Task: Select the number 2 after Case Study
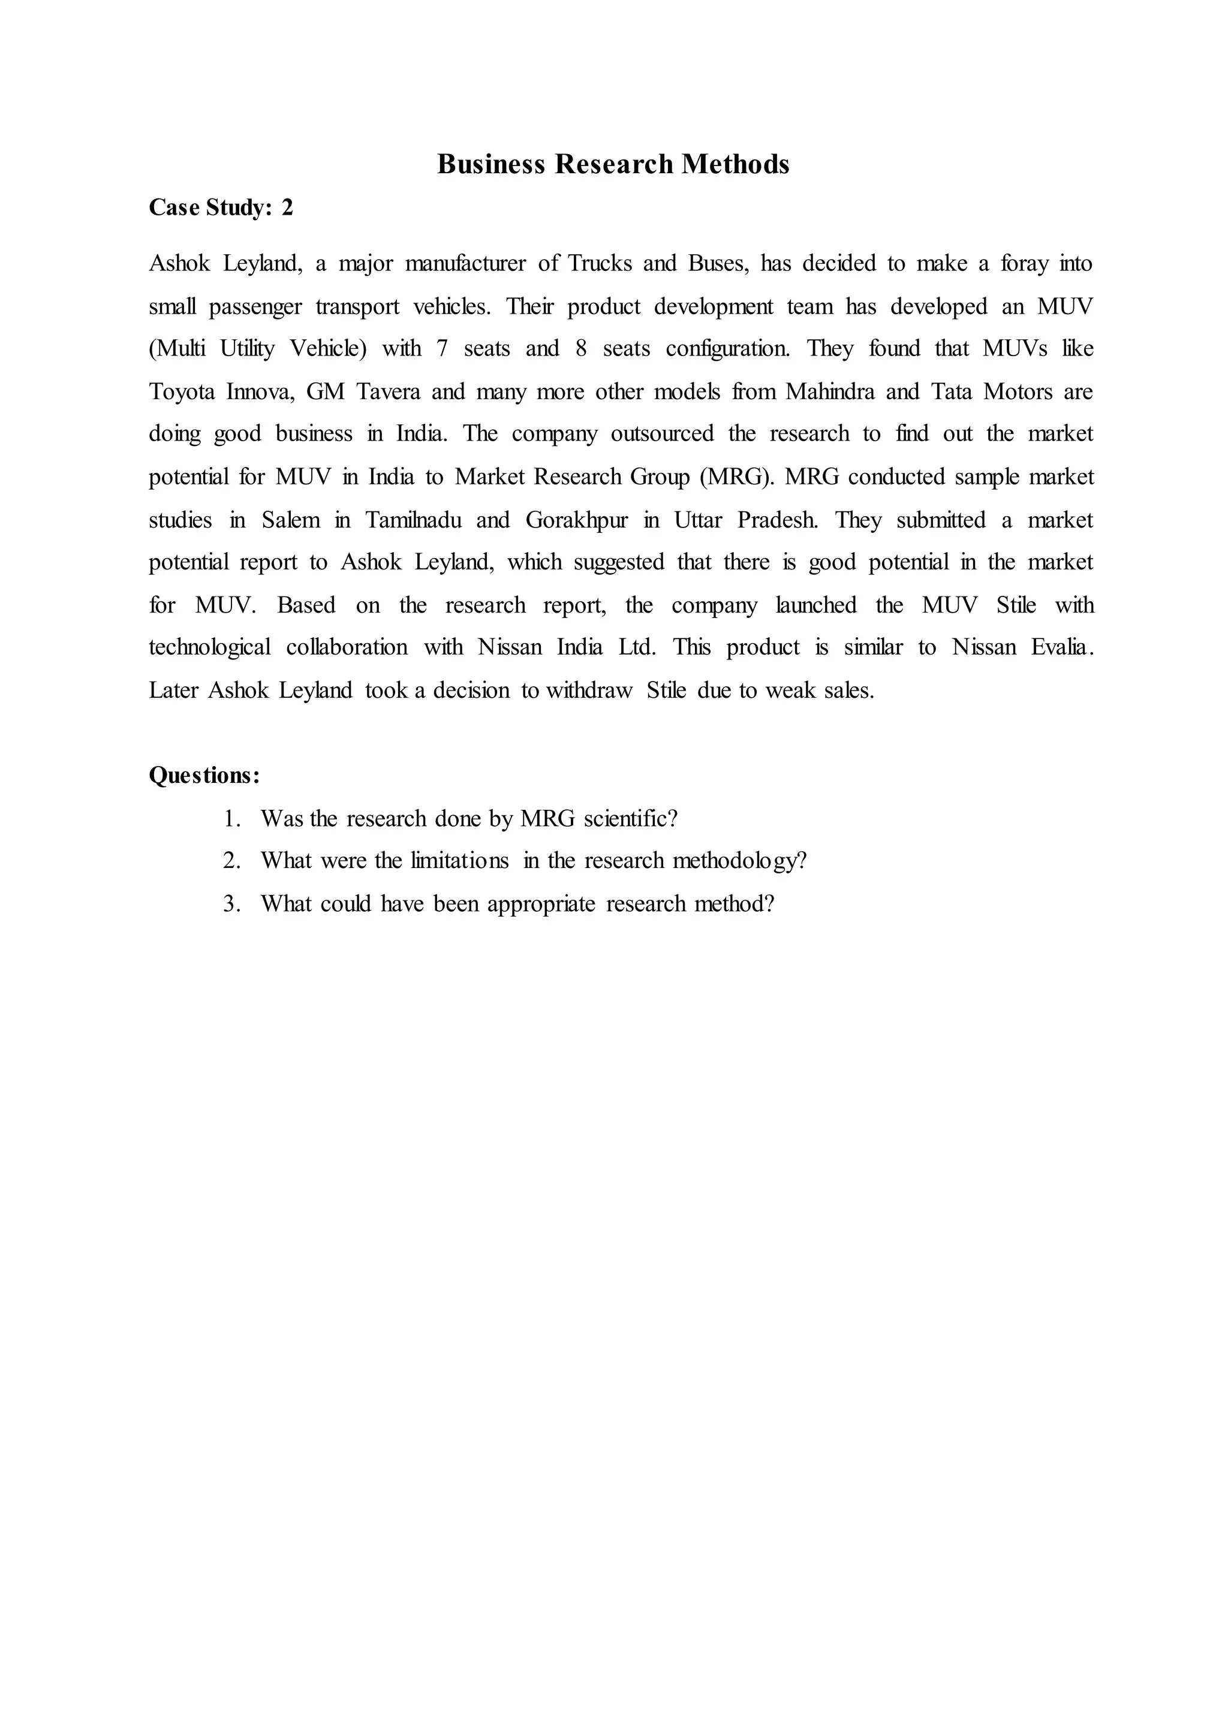click(x=287, y=207)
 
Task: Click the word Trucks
click(x=600, y=263)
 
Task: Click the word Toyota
click(x=182, y=391)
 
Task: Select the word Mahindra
click(x=830, y=391)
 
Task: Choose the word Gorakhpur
click(x=577, y=520)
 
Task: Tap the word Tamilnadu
click(x=414, y=520)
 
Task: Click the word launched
click(x=817, y=605)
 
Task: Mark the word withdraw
click(x=588, y=691)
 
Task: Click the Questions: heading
click(x=204, y=776)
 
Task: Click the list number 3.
click(x=231, y=903)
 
